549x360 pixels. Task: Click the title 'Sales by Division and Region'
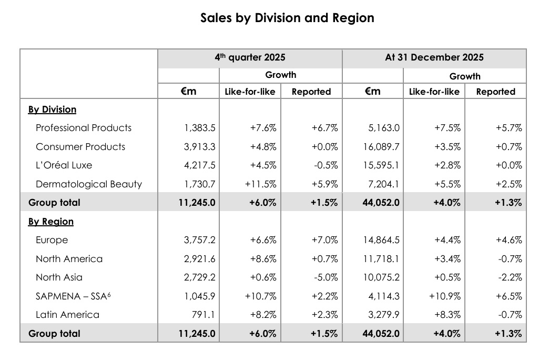pos(287,18)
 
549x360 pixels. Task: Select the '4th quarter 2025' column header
pos(250,57)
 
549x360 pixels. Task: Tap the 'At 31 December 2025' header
pos(434,57)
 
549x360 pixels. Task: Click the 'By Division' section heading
pos(52,109)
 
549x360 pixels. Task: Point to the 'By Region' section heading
pos(50,222)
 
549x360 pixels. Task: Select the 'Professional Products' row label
pos(84,128)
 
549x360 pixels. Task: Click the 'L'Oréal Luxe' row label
pos(64,165)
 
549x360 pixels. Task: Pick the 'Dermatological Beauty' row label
pos(89,184)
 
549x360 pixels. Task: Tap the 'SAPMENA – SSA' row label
pos(73,296)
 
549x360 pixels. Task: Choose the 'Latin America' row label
pos(67,315)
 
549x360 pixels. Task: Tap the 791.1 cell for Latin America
pos(205,315)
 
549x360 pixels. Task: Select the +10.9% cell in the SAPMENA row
pos(445,296)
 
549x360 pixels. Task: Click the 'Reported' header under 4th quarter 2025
pos(311,92)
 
